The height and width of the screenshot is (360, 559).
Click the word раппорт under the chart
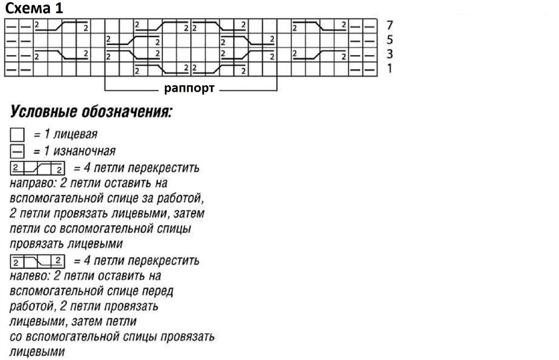189,88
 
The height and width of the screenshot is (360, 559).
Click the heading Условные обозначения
90,112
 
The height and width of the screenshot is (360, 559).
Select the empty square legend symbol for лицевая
17,136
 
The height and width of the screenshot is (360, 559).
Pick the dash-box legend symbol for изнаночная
17,152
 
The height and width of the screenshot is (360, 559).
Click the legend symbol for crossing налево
37,259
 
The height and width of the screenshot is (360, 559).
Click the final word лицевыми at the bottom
36,352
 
